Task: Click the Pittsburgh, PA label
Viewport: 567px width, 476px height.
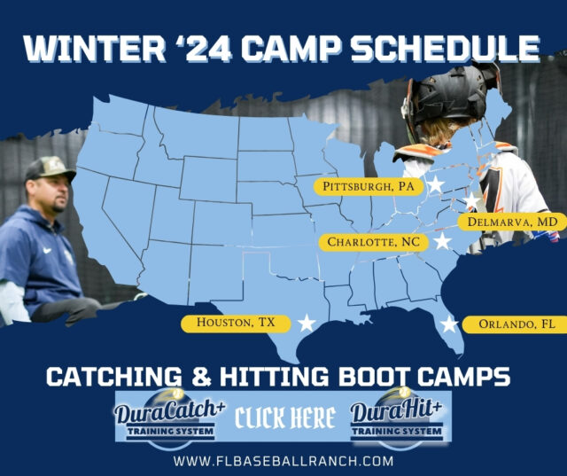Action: (369, 186)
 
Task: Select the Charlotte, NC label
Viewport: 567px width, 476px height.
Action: (372, 241)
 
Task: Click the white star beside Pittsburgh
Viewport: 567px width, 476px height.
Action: (436, 185)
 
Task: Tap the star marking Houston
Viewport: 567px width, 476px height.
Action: (307, 323)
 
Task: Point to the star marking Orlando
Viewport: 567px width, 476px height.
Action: (449, 324)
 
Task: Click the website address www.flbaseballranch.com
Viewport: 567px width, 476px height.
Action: (283, 461)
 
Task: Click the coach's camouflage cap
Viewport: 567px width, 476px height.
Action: (49, 168)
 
